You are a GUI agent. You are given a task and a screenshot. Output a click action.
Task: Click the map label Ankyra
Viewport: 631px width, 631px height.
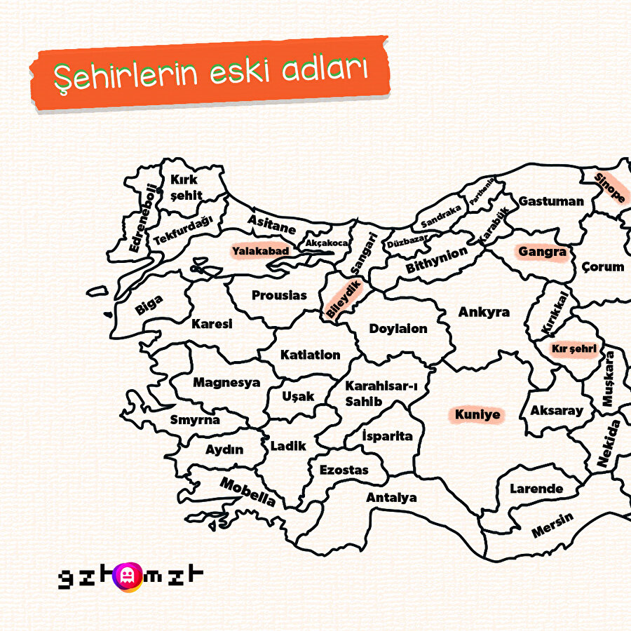484,312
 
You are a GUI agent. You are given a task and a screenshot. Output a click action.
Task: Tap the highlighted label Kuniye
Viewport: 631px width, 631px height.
477,414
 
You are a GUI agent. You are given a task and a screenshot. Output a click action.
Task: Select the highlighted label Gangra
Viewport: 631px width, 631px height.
542,251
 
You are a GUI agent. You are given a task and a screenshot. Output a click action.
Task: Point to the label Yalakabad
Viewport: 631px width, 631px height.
260,250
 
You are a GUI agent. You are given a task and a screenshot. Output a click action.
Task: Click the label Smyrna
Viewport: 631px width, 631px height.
195,420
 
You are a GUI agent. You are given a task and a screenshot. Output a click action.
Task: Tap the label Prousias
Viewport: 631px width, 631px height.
279,295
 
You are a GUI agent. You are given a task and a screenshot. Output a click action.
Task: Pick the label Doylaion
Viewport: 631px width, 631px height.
398,328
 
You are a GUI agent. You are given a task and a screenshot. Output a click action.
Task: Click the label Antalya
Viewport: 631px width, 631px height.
391,498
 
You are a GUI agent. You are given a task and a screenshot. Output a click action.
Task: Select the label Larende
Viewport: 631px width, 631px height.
536,489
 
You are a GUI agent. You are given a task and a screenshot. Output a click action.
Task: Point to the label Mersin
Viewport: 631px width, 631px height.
552,525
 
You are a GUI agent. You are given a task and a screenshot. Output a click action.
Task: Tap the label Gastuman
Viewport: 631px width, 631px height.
551,201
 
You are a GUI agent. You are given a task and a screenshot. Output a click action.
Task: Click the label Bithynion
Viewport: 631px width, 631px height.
436,261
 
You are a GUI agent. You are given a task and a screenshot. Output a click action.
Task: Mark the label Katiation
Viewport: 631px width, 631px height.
310,355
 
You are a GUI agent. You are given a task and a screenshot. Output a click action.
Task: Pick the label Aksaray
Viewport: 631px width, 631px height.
556,411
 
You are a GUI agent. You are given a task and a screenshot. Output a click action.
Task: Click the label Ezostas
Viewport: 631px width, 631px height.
344,470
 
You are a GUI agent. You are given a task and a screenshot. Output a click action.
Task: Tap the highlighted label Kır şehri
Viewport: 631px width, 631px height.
574,348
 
